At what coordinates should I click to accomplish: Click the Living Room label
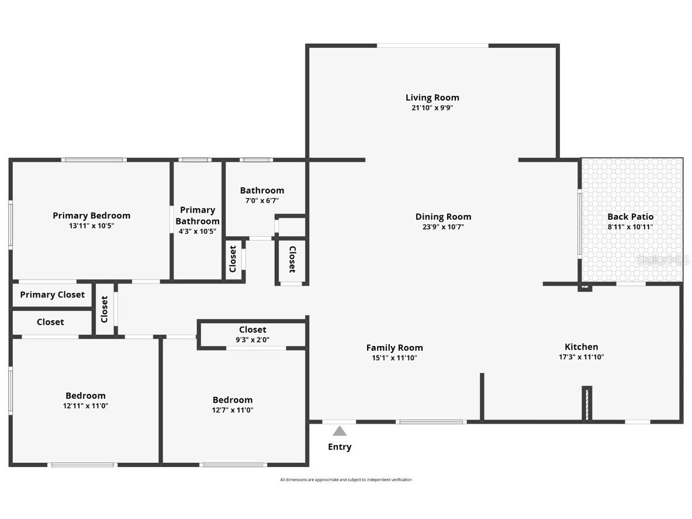[432, 98]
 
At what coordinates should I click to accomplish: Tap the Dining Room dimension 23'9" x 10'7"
[443, 227]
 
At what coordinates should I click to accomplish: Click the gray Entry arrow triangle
[340, 431]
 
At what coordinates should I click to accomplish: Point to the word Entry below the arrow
[340, 447]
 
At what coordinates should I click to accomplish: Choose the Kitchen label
[581, 347]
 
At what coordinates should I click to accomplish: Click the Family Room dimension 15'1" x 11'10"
[395, 358]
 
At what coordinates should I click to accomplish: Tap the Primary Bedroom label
[91, 216]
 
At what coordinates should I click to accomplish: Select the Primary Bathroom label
[198, 216]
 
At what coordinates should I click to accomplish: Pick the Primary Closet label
[52, 295]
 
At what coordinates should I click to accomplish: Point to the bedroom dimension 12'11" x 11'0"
[85, 406]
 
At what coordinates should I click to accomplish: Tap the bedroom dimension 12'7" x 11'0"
[233, 410]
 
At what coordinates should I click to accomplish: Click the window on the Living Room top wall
[432, 46]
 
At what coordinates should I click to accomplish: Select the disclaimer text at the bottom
[346, 480]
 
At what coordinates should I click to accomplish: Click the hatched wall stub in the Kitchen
[587, 403]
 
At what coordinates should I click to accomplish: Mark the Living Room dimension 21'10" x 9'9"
[432, 108]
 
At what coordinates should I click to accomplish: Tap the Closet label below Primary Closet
[50, 322]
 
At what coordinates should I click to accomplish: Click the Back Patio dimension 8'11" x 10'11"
[631, 227]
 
